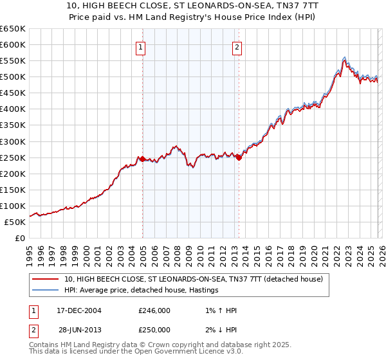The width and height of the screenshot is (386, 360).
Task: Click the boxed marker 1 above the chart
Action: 140,46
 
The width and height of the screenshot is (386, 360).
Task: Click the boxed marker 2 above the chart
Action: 237,46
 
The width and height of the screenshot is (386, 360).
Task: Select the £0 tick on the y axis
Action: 19,238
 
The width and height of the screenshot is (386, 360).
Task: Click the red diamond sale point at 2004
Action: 142,159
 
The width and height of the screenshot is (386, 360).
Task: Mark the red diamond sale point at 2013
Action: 239,157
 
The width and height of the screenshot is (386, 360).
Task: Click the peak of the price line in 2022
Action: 345,58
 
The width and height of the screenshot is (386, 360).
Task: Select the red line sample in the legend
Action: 46,279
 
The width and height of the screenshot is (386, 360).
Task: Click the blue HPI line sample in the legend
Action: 46,291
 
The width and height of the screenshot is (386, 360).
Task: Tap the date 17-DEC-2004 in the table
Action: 78,310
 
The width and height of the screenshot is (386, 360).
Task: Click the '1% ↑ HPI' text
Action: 219,310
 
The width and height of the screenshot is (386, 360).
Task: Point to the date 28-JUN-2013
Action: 78,329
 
